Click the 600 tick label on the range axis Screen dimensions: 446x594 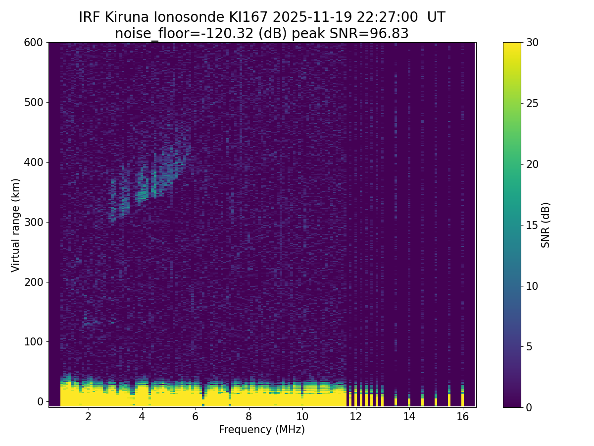coord(33,43)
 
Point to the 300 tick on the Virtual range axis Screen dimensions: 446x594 coord(33,222)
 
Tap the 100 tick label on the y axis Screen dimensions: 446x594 coord(33,342)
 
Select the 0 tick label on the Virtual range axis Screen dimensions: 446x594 coord(40,401)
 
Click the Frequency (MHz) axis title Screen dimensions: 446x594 coord(262,430)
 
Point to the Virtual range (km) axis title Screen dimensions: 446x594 coord(16,225)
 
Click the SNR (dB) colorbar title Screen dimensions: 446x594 coord(545,225)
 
